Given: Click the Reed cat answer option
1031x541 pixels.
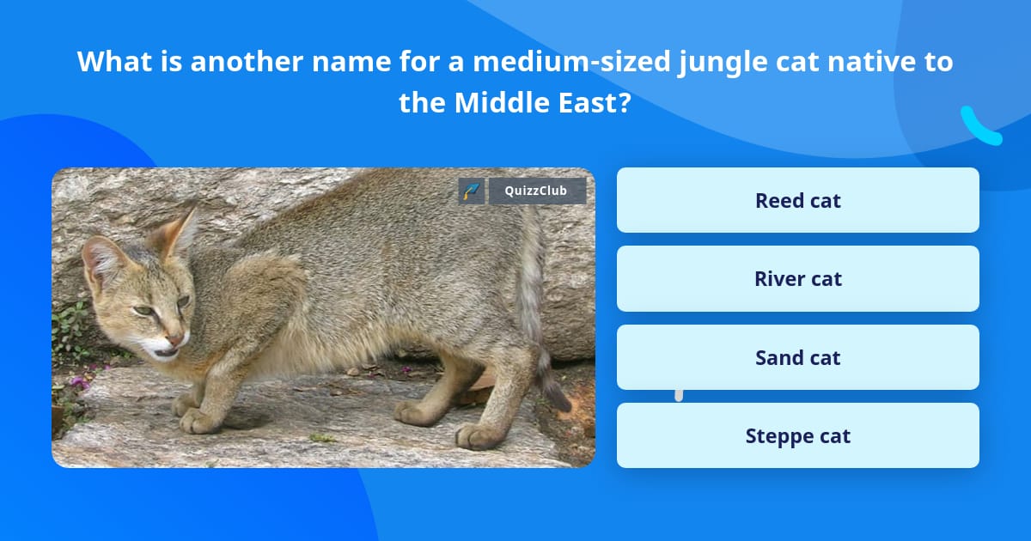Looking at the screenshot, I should (797, 200).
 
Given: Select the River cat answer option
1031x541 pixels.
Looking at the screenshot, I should (797, 279).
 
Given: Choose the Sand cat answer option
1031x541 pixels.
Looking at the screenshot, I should (797, 357).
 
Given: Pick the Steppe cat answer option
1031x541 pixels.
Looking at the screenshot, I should (797, 436).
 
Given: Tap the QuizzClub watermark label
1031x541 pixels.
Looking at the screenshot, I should (537, 191).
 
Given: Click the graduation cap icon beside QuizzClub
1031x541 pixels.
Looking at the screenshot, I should (472, 191).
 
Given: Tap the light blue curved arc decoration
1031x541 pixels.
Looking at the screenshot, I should (979, 127).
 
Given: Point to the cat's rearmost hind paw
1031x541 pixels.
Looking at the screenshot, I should (476, 436).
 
